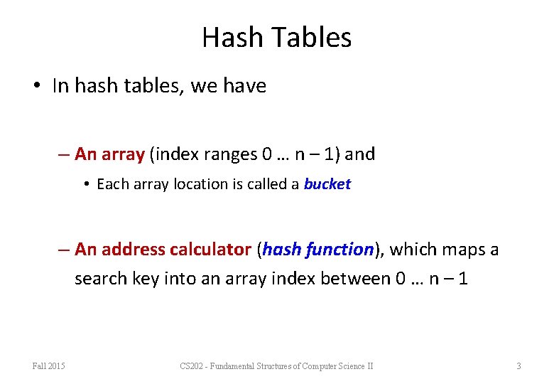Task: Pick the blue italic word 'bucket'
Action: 327,184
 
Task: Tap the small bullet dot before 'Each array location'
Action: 85,184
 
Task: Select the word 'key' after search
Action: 145,278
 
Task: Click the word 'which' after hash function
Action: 411,250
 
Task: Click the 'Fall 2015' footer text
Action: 48,366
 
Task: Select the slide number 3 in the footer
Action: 518,366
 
